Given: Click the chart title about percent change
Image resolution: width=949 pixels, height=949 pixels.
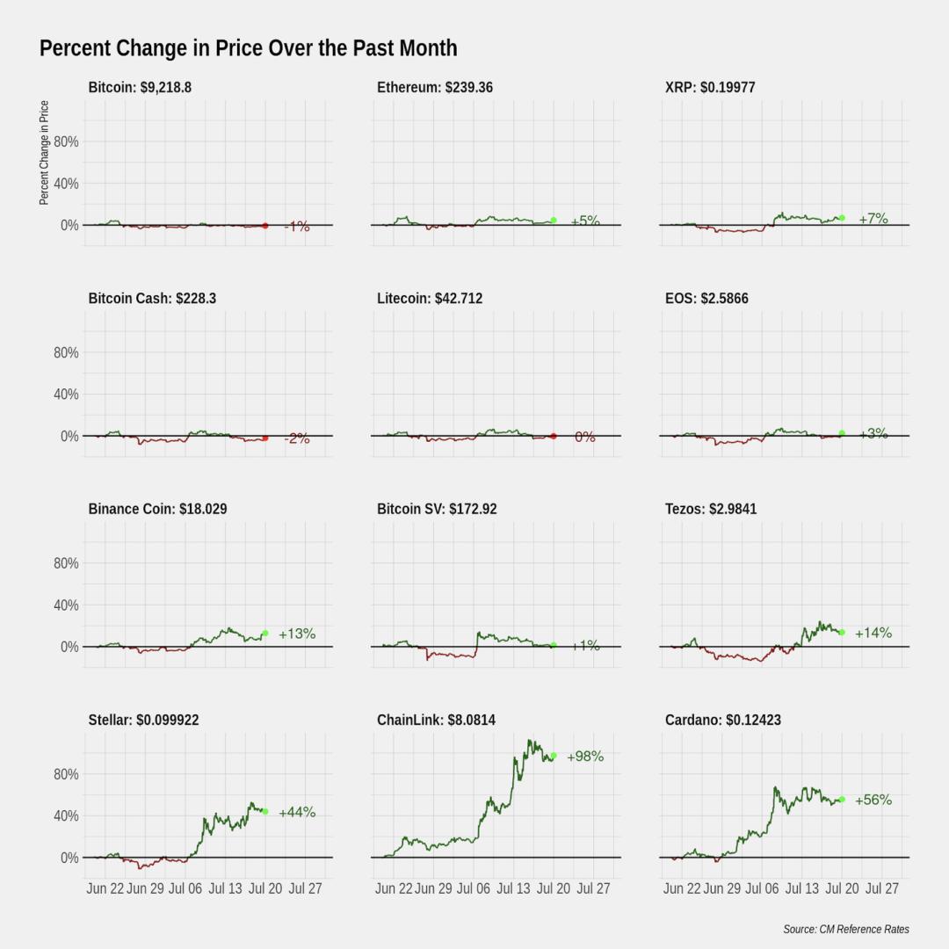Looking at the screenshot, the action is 248,48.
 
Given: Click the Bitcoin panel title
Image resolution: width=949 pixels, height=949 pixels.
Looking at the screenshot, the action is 140,87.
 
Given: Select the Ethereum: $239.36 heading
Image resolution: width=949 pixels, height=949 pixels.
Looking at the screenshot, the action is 435,87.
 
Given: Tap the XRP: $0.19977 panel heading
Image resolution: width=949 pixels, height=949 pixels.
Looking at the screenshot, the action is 710,87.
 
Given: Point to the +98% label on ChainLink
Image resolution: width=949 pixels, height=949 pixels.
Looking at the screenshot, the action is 585,756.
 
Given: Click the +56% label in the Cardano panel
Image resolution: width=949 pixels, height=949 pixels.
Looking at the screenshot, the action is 873,800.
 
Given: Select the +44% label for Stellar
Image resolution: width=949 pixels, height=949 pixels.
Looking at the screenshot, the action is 297,812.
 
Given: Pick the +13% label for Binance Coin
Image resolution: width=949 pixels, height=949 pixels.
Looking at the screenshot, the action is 297,633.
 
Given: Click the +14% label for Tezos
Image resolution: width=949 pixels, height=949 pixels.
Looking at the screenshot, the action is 873,633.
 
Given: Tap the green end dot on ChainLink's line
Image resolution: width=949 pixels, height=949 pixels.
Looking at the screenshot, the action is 554,756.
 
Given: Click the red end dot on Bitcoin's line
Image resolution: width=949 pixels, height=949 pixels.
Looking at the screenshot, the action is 265,226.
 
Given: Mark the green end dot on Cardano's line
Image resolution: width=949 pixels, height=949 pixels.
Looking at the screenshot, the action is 842,800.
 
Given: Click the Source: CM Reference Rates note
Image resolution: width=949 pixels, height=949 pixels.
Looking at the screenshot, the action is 846,929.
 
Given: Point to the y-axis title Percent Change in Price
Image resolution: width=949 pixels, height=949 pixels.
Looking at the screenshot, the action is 44,153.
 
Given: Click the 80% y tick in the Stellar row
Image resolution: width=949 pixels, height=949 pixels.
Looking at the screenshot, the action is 66,774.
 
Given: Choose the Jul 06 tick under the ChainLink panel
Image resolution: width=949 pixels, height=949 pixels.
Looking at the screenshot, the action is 474,888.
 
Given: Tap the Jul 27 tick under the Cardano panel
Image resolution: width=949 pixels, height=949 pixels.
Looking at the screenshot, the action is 882,888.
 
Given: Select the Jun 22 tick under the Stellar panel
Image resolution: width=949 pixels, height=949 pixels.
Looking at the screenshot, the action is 105,888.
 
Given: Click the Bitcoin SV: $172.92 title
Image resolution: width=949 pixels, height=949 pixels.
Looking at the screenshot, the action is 437,509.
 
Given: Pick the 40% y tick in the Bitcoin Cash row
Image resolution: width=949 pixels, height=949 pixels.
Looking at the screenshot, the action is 66,394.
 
